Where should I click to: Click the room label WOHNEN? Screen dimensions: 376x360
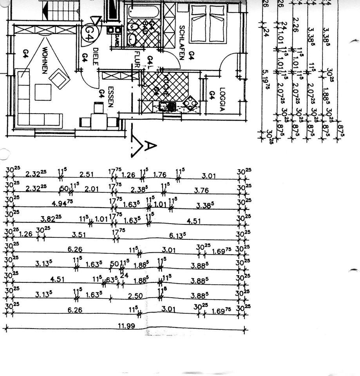[44, 60]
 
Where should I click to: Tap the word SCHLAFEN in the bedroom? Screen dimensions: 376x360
[182, 42]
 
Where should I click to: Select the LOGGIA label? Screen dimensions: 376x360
[222, 99]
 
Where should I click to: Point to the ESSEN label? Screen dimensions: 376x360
[110, 97]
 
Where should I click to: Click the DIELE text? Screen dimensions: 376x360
[95, 56]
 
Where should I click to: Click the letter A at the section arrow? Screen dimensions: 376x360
[150, 146]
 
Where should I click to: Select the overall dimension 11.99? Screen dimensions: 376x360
[124, 325]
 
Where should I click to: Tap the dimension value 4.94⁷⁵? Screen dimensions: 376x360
[62, 202]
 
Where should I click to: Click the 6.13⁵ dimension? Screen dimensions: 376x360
[177, 235]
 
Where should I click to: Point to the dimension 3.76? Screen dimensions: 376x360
[201, 191]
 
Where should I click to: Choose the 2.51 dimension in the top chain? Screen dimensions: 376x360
[86, 174]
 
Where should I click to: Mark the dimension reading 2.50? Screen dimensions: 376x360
[135, 296]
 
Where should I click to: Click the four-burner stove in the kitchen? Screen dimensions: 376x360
[190, 103]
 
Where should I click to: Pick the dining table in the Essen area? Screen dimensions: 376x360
[99, 122]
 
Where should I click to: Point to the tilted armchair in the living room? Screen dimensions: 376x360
[60, 78]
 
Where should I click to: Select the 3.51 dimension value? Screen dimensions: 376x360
[79, 235]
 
